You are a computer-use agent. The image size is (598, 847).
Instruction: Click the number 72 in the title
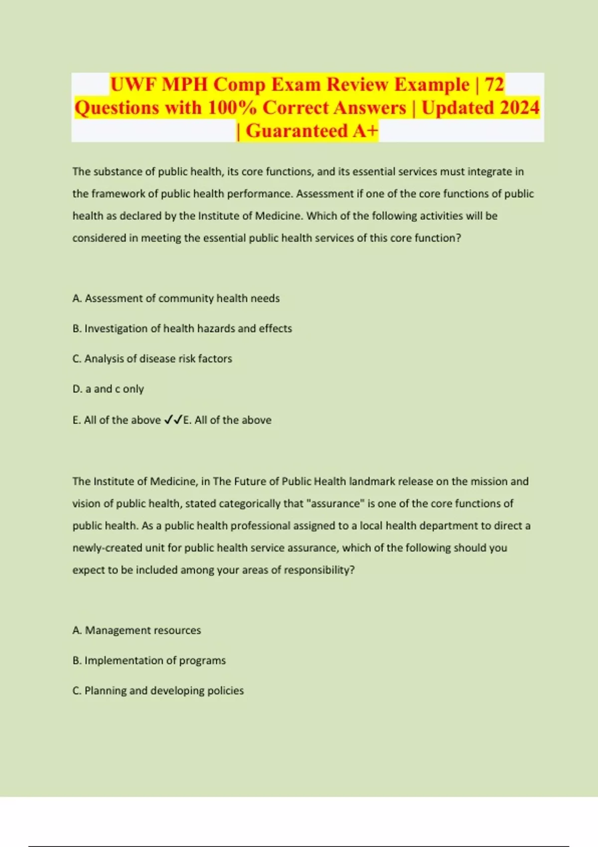tap(494, 84)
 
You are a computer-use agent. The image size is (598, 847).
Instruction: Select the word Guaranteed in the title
tap(297, 131)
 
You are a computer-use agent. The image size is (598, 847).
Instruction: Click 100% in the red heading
tap(232, 108)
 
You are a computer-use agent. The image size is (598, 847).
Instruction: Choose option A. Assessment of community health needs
tap(176, 298)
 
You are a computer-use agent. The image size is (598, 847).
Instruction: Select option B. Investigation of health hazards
tap(182, 328)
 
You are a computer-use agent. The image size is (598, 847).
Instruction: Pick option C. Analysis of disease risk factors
tap(152, 358)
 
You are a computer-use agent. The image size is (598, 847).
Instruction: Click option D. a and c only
tap(108, 389)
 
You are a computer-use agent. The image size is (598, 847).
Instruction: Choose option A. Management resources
tap(137, 630)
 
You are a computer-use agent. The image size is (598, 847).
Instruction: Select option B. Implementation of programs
tap(149, 660)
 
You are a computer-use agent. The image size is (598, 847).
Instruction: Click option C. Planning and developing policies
tap(158, 691)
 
